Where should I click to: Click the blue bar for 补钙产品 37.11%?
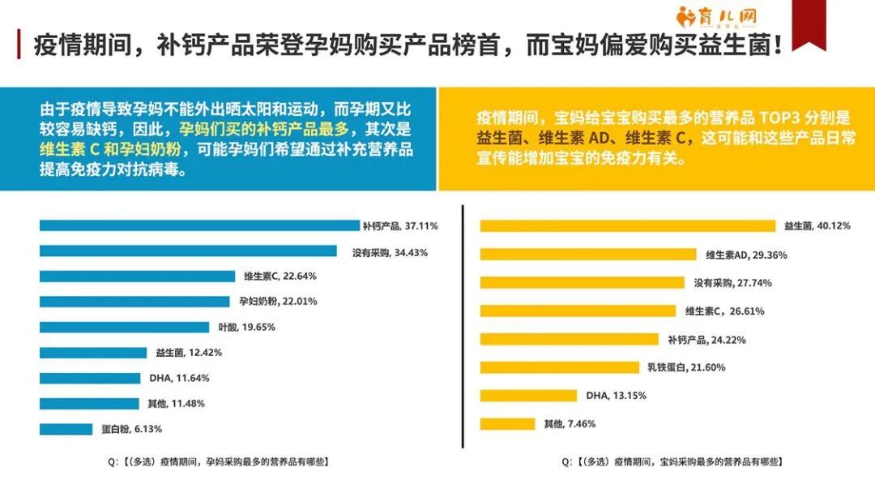(x=198, y=226)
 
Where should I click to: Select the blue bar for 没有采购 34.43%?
(x=188, y=251)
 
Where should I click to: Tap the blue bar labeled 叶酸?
(x=126, y=327)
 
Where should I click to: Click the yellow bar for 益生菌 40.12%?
(x=628, y=225)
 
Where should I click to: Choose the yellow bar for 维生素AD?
(x=587, y=255)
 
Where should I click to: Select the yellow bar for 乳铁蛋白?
(x=559, y=367)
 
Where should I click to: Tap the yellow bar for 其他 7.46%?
(x=507, y=423)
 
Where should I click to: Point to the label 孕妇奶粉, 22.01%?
(x=278, y=302)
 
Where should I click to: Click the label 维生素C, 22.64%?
(x=280, y=276)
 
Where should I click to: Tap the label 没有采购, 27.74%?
(x=732, y=283)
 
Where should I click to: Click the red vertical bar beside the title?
(x=19, y=45)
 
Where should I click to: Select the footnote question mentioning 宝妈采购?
(x=672, y=461)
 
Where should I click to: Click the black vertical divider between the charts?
(x=463, y=324)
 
